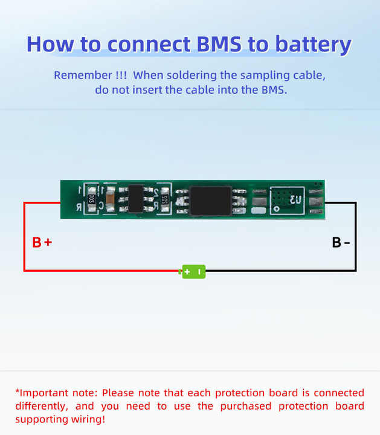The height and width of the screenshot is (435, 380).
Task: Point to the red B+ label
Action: (x=42, y=243)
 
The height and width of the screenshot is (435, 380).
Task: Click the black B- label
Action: (x=341, y=243)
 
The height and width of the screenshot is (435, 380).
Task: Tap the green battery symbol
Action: (x=194, y=272)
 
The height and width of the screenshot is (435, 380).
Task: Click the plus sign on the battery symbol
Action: (x=187, y=272)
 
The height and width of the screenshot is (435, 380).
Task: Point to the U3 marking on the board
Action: (x=295, y=199)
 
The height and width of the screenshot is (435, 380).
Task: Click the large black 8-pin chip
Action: (x=211, y=199)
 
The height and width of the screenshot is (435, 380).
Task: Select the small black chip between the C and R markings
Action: (x=136, y=199)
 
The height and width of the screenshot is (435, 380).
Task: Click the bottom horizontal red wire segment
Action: (x=103, y=271)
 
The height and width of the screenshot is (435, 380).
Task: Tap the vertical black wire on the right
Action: (x=355, y=236)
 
